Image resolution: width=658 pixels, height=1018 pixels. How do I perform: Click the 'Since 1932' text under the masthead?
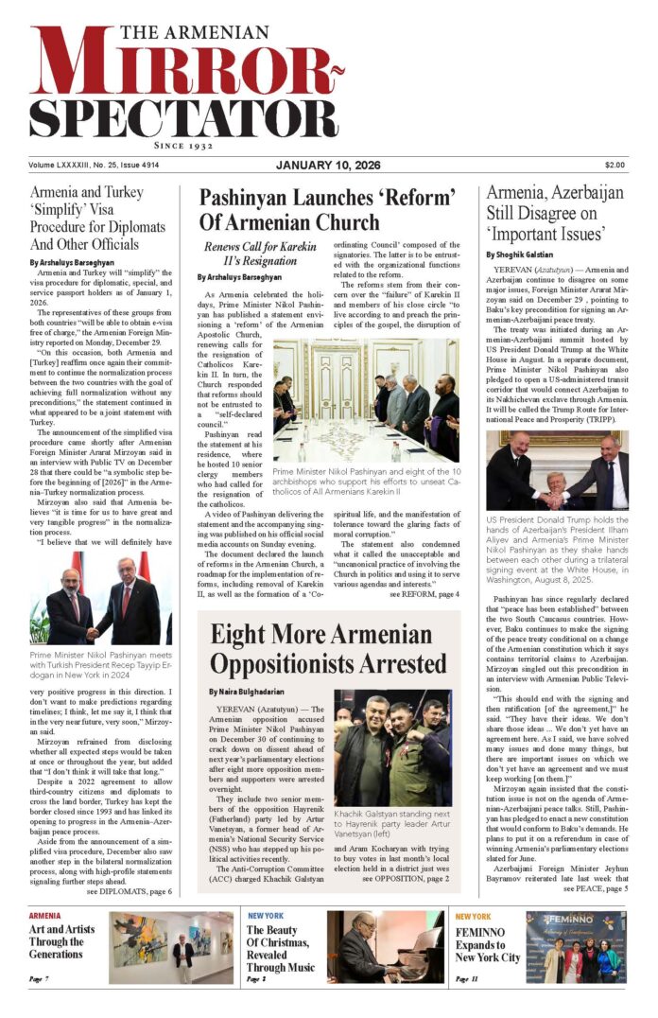[184, 148]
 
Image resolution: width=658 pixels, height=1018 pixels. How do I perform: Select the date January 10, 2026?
[327, 166]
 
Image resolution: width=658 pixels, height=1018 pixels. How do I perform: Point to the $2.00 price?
[615, 166]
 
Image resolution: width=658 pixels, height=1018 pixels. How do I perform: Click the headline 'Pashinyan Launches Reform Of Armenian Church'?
[327, 210]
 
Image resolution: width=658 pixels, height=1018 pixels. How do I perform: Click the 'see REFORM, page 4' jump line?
[424, 594]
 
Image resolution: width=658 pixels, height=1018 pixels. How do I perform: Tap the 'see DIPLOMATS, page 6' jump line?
[129, 891]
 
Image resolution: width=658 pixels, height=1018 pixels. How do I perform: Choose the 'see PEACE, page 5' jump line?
[596, 889]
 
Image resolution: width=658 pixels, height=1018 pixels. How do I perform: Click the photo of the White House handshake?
[557, 470]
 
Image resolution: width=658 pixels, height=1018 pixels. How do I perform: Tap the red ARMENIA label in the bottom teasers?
[44, 917]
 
